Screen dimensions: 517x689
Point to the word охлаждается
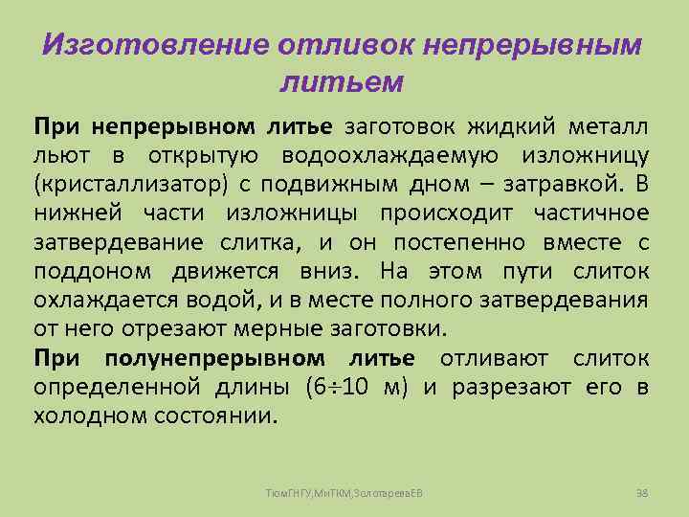pyautogui.click(x=92, y=301)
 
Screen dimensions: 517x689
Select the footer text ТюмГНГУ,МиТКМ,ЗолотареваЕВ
pyautogui.click(x=344, y=491)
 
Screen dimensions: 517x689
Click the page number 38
pyautogui.click(x=642, y=491)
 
